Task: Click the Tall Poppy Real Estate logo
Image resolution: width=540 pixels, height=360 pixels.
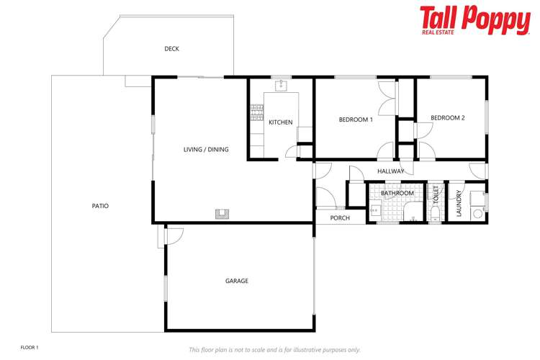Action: pos(474,21)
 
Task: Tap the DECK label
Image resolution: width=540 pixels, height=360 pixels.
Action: pos(171,49)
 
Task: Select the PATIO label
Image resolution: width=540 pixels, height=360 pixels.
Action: pos(100,206)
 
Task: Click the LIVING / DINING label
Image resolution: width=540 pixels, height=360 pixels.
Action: pos(206,150)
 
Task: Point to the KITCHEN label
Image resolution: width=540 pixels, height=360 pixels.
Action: pos(281,122)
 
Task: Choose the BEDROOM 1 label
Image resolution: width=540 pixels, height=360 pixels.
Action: pos(356,120)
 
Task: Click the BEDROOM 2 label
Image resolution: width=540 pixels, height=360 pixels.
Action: pos(448,118)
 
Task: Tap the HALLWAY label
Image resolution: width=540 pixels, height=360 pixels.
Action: pos(391,171)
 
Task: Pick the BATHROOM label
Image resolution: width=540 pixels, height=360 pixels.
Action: pos(397,193)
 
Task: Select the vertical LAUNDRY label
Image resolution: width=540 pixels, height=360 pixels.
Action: pos(459,204)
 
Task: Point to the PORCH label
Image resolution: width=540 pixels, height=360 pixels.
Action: pos(340,218)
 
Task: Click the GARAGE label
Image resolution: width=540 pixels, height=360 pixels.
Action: pos(237,281)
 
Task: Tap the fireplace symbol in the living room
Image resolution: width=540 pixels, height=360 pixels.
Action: pos(222,213)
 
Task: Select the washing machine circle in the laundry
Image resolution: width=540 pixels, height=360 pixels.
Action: pos(477,214)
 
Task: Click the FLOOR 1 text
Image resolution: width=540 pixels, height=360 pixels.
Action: pos(30,348)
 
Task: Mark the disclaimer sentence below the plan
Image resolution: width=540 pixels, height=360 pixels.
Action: pos(274,349)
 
